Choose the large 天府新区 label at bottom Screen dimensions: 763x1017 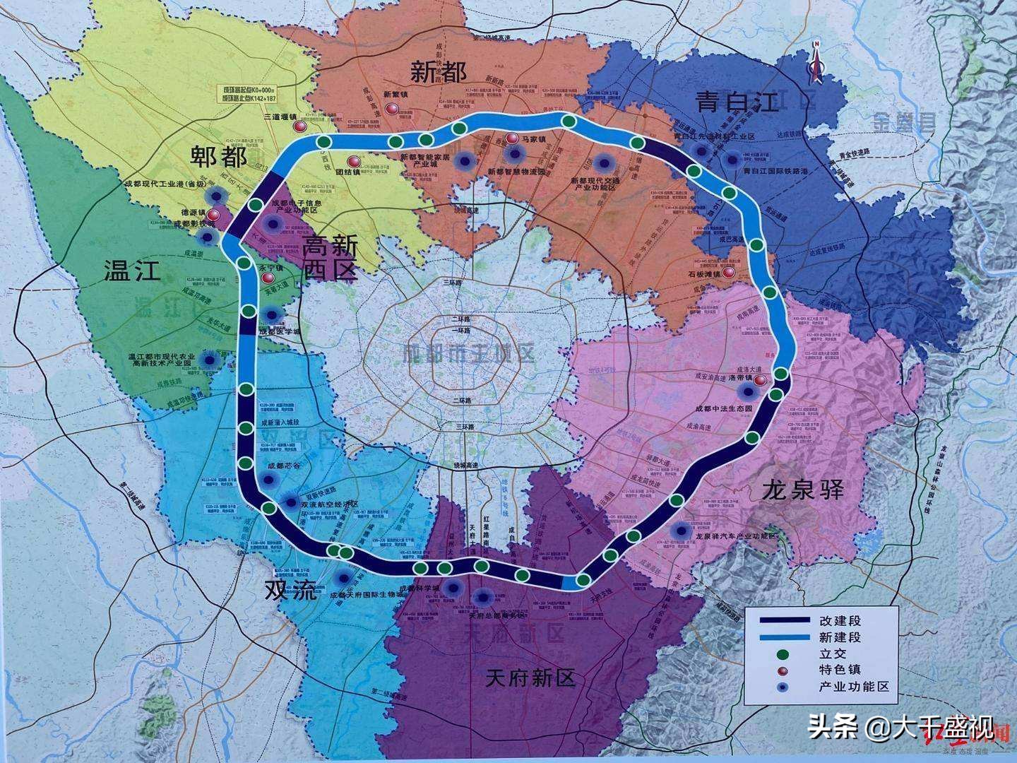click(x=530, y=679)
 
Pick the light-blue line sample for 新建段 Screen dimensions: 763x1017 click(x=785, y=637)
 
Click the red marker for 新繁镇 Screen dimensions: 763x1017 click(x=391, y=109)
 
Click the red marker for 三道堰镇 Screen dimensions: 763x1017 click(x=299, y=126)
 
